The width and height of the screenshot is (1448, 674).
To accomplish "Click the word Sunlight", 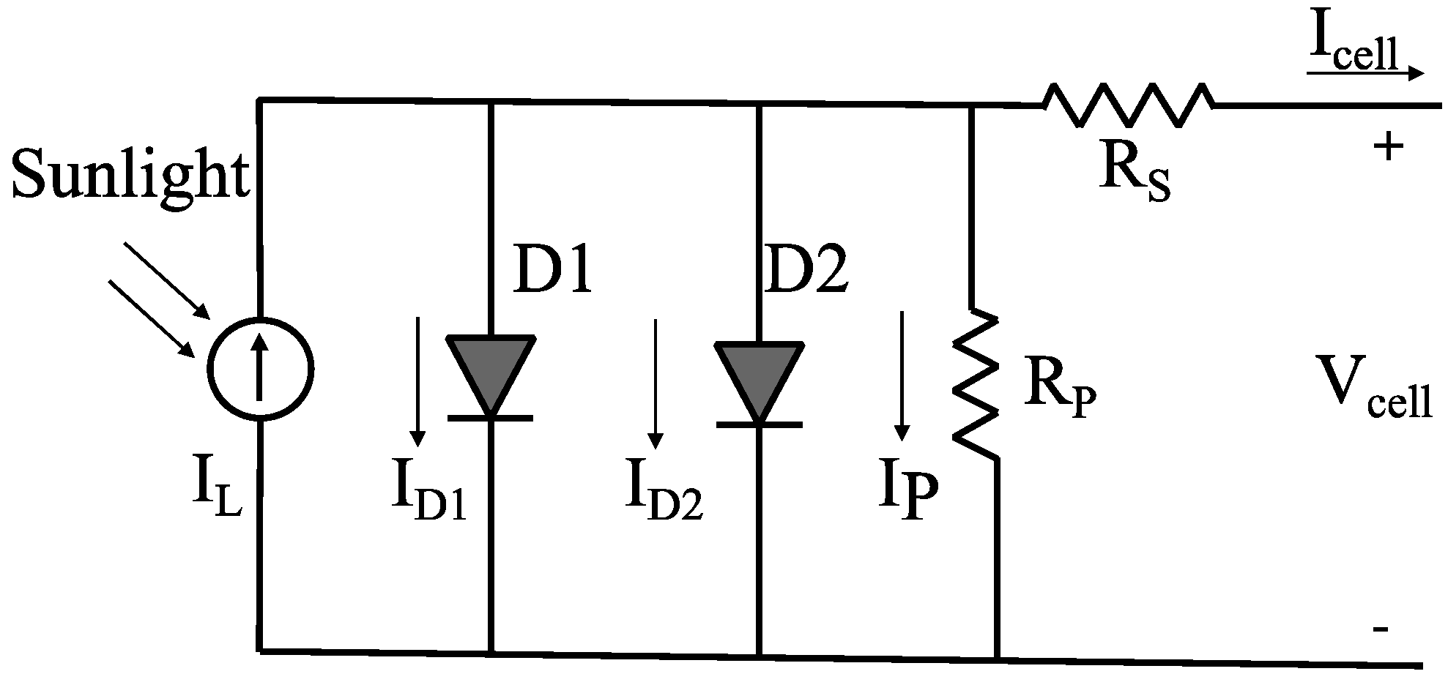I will click(x=130, y=174).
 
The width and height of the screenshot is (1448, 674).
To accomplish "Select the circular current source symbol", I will click(x=260, y=369).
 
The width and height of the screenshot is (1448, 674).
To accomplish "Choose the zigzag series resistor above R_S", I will click(x=1128, y=106).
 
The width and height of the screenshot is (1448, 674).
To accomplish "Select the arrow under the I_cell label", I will click(x=1364, y=73).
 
